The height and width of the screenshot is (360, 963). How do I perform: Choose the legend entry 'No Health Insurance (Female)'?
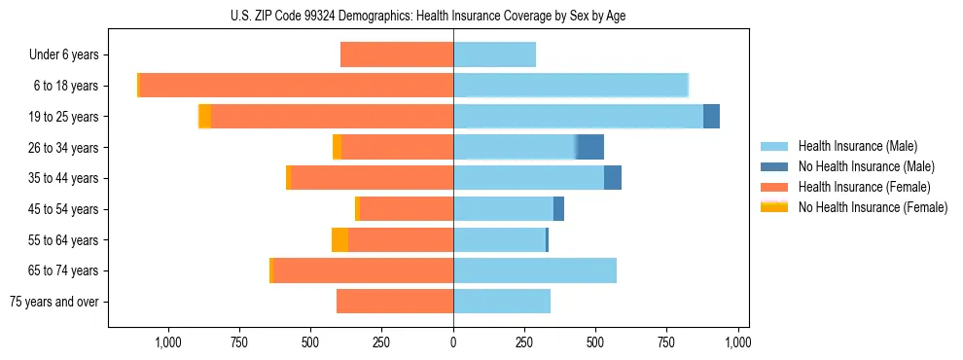pos(873,207)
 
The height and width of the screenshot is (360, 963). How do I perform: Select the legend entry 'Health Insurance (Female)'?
pos(851,187)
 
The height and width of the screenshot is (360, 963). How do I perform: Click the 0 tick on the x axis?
pos(453,342)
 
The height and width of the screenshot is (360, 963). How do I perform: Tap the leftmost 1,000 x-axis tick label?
pos(168,342)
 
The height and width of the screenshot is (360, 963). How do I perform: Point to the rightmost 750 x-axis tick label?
pos(666,342)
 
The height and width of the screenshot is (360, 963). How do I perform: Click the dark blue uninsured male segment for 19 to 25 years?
pos(711,116)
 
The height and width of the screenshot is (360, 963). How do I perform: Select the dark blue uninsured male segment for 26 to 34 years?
pos(589,147)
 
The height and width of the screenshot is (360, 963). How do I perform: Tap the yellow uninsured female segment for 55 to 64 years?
pos(339,239)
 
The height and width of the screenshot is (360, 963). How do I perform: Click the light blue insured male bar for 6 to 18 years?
pos(571,85)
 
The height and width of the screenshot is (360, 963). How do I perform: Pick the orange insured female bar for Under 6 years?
pos(397,54)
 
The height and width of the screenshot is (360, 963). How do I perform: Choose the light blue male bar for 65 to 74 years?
pos(535,270)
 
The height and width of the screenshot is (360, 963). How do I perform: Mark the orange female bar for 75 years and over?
pos(395,302)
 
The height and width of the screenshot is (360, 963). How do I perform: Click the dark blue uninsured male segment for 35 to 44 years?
pos(613,178)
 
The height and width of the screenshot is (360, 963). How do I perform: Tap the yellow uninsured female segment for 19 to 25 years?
pos(204,116)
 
